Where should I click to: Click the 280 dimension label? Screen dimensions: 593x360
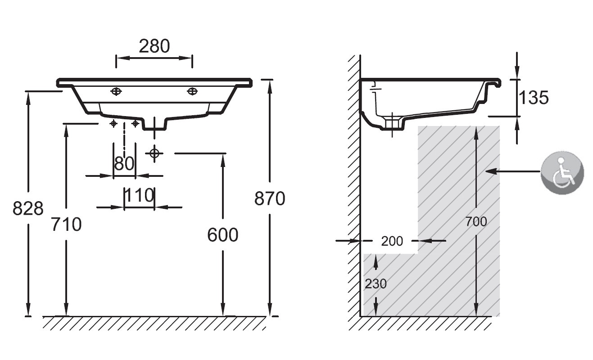tap(154, 46)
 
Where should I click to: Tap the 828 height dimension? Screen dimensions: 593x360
tap(28, 208)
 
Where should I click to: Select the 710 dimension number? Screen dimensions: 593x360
tap(66, 224)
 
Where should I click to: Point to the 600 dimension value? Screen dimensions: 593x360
tap(222, 235)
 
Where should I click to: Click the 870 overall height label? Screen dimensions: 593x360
tap(270, 198)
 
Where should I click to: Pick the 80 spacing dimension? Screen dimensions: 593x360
tap(124, 163)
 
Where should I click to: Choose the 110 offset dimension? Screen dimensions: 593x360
tap(139, 195)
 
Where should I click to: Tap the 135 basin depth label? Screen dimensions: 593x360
tap(534, 97)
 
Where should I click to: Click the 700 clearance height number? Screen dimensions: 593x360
tap(476, 222)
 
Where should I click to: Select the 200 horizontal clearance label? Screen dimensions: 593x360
tap(392, 241)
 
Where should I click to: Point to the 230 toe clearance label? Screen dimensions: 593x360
tap(376, 284)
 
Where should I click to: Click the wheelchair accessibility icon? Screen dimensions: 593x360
tap(562, 173)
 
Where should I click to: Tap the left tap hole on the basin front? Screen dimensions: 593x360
tap(116, 91)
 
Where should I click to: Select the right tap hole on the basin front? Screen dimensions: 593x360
tap(192, 91)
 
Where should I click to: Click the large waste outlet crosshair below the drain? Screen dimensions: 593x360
tap(154, 153)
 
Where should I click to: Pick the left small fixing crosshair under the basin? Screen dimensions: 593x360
tap(113, 123)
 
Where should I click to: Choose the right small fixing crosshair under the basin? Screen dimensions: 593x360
tap(135, 123)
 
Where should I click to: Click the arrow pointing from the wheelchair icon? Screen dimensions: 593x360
tap(513, 171)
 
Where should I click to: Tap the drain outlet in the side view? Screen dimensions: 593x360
tap(392, 124)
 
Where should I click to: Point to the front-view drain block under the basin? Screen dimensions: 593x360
tap(154, 124)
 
